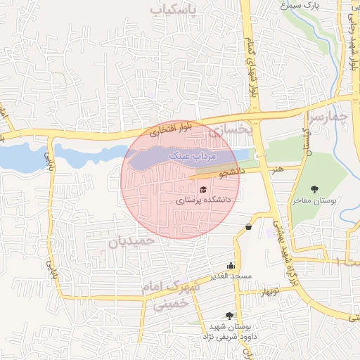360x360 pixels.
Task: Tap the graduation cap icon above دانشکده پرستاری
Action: [x=203, y=190]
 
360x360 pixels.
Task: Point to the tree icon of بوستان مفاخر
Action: [x=314, y=189]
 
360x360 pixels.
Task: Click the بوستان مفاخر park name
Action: [x=314, y=200]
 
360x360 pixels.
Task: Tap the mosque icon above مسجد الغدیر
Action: [x=231, y=266]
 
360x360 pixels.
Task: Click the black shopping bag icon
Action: [x=248, y=226]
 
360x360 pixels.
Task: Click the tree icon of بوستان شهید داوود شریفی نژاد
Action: [x=229, y=316]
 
